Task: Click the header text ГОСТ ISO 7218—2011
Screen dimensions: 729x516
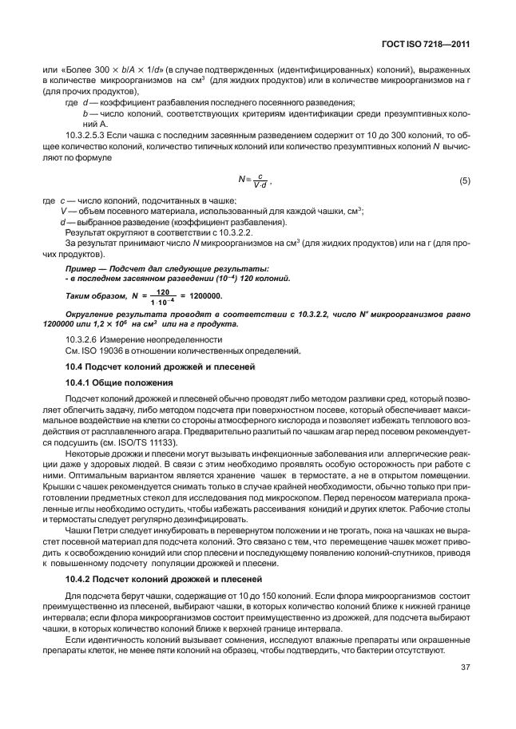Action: pyautogui.click(x=431, y=46)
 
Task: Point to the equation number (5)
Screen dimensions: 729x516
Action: pyautogui.click(x=464, y=181)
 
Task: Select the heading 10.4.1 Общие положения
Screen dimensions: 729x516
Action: pyautogui.click(x=119, y=383)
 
